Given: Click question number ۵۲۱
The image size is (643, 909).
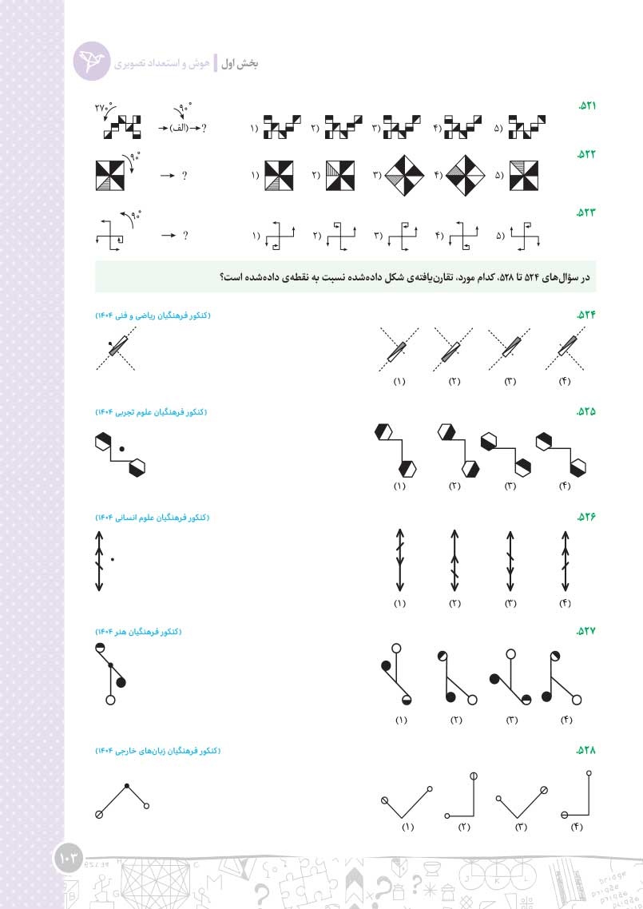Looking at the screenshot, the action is point(587,106).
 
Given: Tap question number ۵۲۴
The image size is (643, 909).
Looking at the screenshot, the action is point(586,315).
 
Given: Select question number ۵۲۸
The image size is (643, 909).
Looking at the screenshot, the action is point(586,750).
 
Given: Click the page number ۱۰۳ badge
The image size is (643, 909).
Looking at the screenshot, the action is point(69,859).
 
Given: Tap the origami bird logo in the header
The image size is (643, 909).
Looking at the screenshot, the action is point(92,61).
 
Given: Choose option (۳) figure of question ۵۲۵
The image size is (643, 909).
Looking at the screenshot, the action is point(506,454).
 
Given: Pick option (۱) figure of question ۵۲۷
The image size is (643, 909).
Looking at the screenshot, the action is point(397,674).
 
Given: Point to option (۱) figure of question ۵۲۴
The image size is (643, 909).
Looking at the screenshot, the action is point(399,350).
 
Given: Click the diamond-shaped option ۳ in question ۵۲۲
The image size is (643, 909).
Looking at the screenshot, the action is point(405,176).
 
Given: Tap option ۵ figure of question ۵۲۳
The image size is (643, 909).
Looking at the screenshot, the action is point(526,236).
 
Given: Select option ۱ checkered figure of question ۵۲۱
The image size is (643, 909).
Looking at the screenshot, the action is point(282,127).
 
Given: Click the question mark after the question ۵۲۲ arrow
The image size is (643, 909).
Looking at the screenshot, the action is point(185,176).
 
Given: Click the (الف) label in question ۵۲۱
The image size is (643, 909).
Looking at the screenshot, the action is point(179,128).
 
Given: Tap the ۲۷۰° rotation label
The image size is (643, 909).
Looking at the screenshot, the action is point(103,107).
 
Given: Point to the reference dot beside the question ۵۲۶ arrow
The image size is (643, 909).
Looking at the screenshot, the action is point(113,559).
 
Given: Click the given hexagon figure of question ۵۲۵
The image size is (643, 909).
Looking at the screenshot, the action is point(120,454).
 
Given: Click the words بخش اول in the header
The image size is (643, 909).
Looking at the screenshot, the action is point(240,63).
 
